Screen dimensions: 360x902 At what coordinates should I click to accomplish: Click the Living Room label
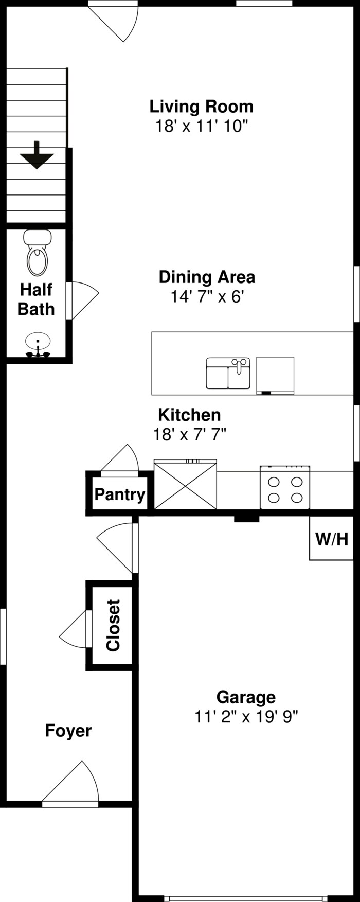point(201,107)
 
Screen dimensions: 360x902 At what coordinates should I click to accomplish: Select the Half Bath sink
point(38,345)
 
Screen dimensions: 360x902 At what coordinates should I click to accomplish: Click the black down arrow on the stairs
point(37,155)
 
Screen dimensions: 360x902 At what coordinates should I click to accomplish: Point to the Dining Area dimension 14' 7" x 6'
point(207,297)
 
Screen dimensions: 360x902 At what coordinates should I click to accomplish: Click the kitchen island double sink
point(228,373)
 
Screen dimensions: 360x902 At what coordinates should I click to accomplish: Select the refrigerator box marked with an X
point(185,485)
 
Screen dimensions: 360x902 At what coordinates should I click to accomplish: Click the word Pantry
point(120,495)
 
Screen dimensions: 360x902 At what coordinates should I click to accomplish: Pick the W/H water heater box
point(332,539)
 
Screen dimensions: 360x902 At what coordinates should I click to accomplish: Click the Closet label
point(113,625)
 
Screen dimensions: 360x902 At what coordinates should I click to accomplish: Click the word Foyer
point(68,731)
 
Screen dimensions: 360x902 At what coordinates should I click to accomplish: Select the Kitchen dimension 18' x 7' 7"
point(190,435)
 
